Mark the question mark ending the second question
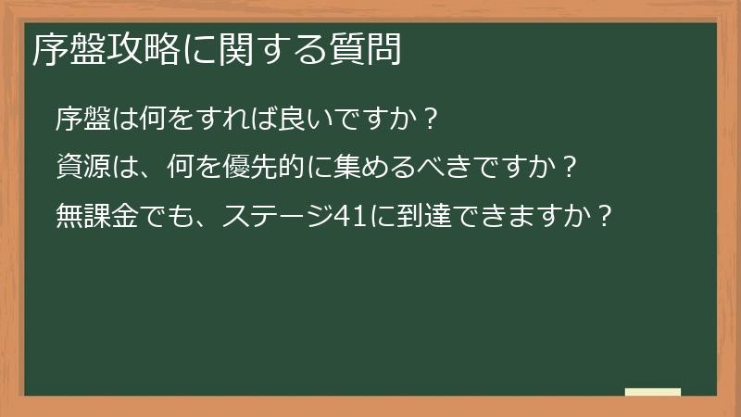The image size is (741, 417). [x=571, y=168]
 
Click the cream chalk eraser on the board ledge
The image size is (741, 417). [x=653, y=393]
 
